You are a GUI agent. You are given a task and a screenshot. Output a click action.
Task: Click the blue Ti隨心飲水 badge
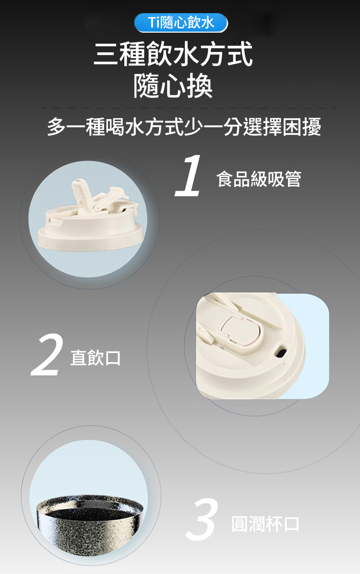point(181,23)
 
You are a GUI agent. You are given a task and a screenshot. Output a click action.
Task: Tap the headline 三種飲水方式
point(173,54)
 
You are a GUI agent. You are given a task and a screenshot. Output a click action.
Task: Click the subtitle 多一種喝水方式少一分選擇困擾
point(184,127)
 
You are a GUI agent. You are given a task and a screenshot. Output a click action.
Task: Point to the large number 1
point(188,175)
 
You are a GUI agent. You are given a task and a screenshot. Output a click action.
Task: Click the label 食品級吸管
point(259,179)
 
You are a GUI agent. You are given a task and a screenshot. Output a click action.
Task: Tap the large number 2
point(47,354)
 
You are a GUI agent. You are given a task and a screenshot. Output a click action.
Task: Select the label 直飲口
point(96,358)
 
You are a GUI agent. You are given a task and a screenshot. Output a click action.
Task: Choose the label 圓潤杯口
point(265,524)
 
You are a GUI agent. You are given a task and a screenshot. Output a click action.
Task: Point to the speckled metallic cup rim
point(90,502)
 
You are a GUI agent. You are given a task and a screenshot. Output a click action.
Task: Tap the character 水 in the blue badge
point(207,23)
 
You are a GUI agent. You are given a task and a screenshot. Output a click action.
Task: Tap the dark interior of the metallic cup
point(90,507)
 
